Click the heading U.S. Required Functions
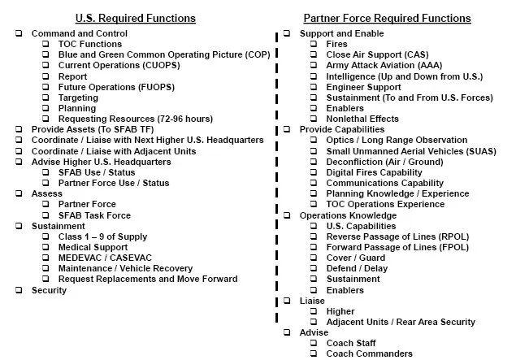pos(135,18)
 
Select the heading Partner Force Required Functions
pos(387,18)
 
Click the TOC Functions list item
pos(90,44)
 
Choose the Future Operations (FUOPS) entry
pos(115,87)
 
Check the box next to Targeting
pos(46,98)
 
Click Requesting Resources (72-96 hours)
pos(137,119)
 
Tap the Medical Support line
pos(93,247)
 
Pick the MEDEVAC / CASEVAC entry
pos(102,258)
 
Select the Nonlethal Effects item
pos(362,119)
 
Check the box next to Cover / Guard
pos(314,258)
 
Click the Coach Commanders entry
pos(369,353)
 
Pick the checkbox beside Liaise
pos(287,301)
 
